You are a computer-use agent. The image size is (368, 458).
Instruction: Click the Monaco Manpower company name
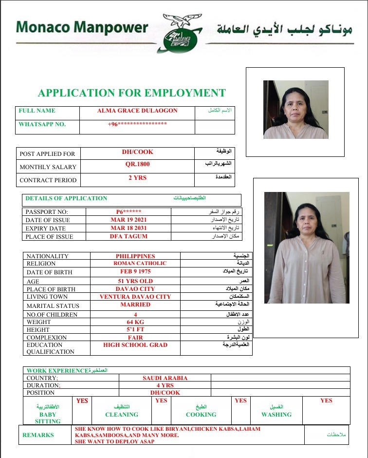[81, 27]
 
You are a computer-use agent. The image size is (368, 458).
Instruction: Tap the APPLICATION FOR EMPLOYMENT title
[132, 93]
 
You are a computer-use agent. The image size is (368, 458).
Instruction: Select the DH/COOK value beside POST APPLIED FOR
[137, 152]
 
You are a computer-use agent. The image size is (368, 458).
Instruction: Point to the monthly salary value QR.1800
[137, 165]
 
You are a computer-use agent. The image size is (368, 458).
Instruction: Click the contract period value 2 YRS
[137, 178]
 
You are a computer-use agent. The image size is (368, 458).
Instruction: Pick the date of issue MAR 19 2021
[129, 220]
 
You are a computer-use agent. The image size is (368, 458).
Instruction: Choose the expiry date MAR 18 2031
[129, 228]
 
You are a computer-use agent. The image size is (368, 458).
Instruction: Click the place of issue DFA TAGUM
[129, 236]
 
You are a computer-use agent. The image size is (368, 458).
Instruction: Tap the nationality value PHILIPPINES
[135, 256]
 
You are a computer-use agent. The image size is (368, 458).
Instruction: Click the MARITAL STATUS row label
[53, 305]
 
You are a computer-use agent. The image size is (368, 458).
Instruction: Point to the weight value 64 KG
[135, 322]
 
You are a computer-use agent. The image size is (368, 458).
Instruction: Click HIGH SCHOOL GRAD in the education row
[135, 345]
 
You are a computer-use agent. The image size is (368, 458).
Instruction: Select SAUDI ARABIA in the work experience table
[165, 378]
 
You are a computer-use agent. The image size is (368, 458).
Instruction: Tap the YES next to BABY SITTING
[82, 401]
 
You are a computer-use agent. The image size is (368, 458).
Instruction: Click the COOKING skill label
[201, 415]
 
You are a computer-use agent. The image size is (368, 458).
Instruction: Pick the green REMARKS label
[38, 435]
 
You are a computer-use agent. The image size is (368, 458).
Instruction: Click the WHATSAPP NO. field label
[42, 124]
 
